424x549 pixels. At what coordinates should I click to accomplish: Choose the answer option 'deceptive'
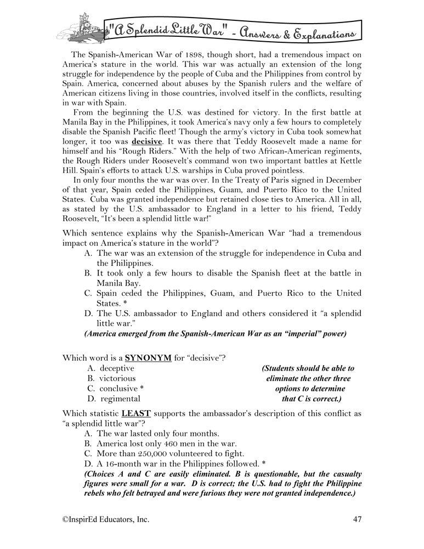click(117, 368)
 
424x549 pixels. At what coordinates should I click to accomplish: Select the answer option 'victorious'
click(118, 378)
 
